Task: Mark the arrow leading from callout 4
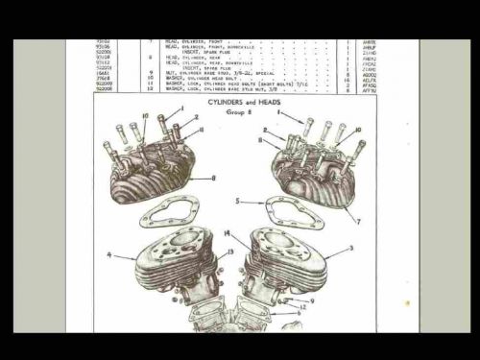click(x=125, y=257)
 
